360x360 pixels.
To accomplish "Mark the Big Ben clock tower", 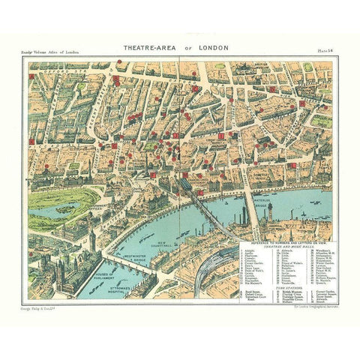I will click(91, 240).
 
